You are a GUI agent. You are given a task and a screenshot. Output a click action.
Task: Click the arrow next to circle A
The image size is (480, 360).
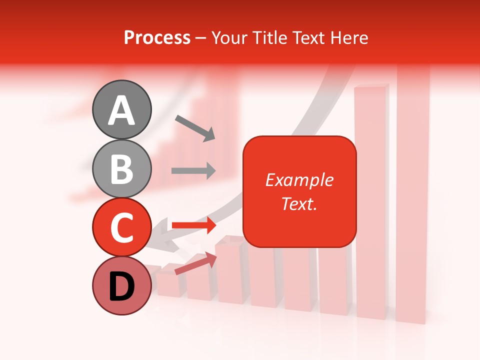coord(195,128)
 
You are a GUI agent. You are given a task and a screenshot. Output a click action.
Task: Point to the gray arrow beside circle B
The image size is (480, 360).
coord(193,171)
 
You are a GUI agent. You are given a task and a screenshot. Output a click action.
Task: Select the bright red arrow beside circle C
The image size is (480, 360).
coord(193,225)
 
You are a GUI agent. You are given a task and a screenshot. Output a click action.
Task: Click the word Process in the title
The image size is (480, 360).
coord(157,37)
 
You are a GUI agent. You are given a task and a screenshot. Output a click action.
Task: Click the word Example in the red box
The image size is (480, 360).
coord(299,180)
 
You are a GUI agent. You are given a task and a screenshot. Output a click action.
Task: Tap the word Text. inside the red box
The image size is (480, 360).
coord(299,203)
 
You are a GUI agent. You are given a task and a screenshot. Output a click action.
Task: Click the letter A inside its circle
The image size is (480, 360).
coord(122,110)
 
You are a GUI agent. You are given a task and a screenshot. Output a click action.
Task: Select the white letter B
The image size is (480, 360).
coord(122,169)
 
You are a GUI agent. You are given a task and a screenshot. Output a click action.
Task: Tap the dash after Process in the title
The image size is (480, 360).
coord(201,38)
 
